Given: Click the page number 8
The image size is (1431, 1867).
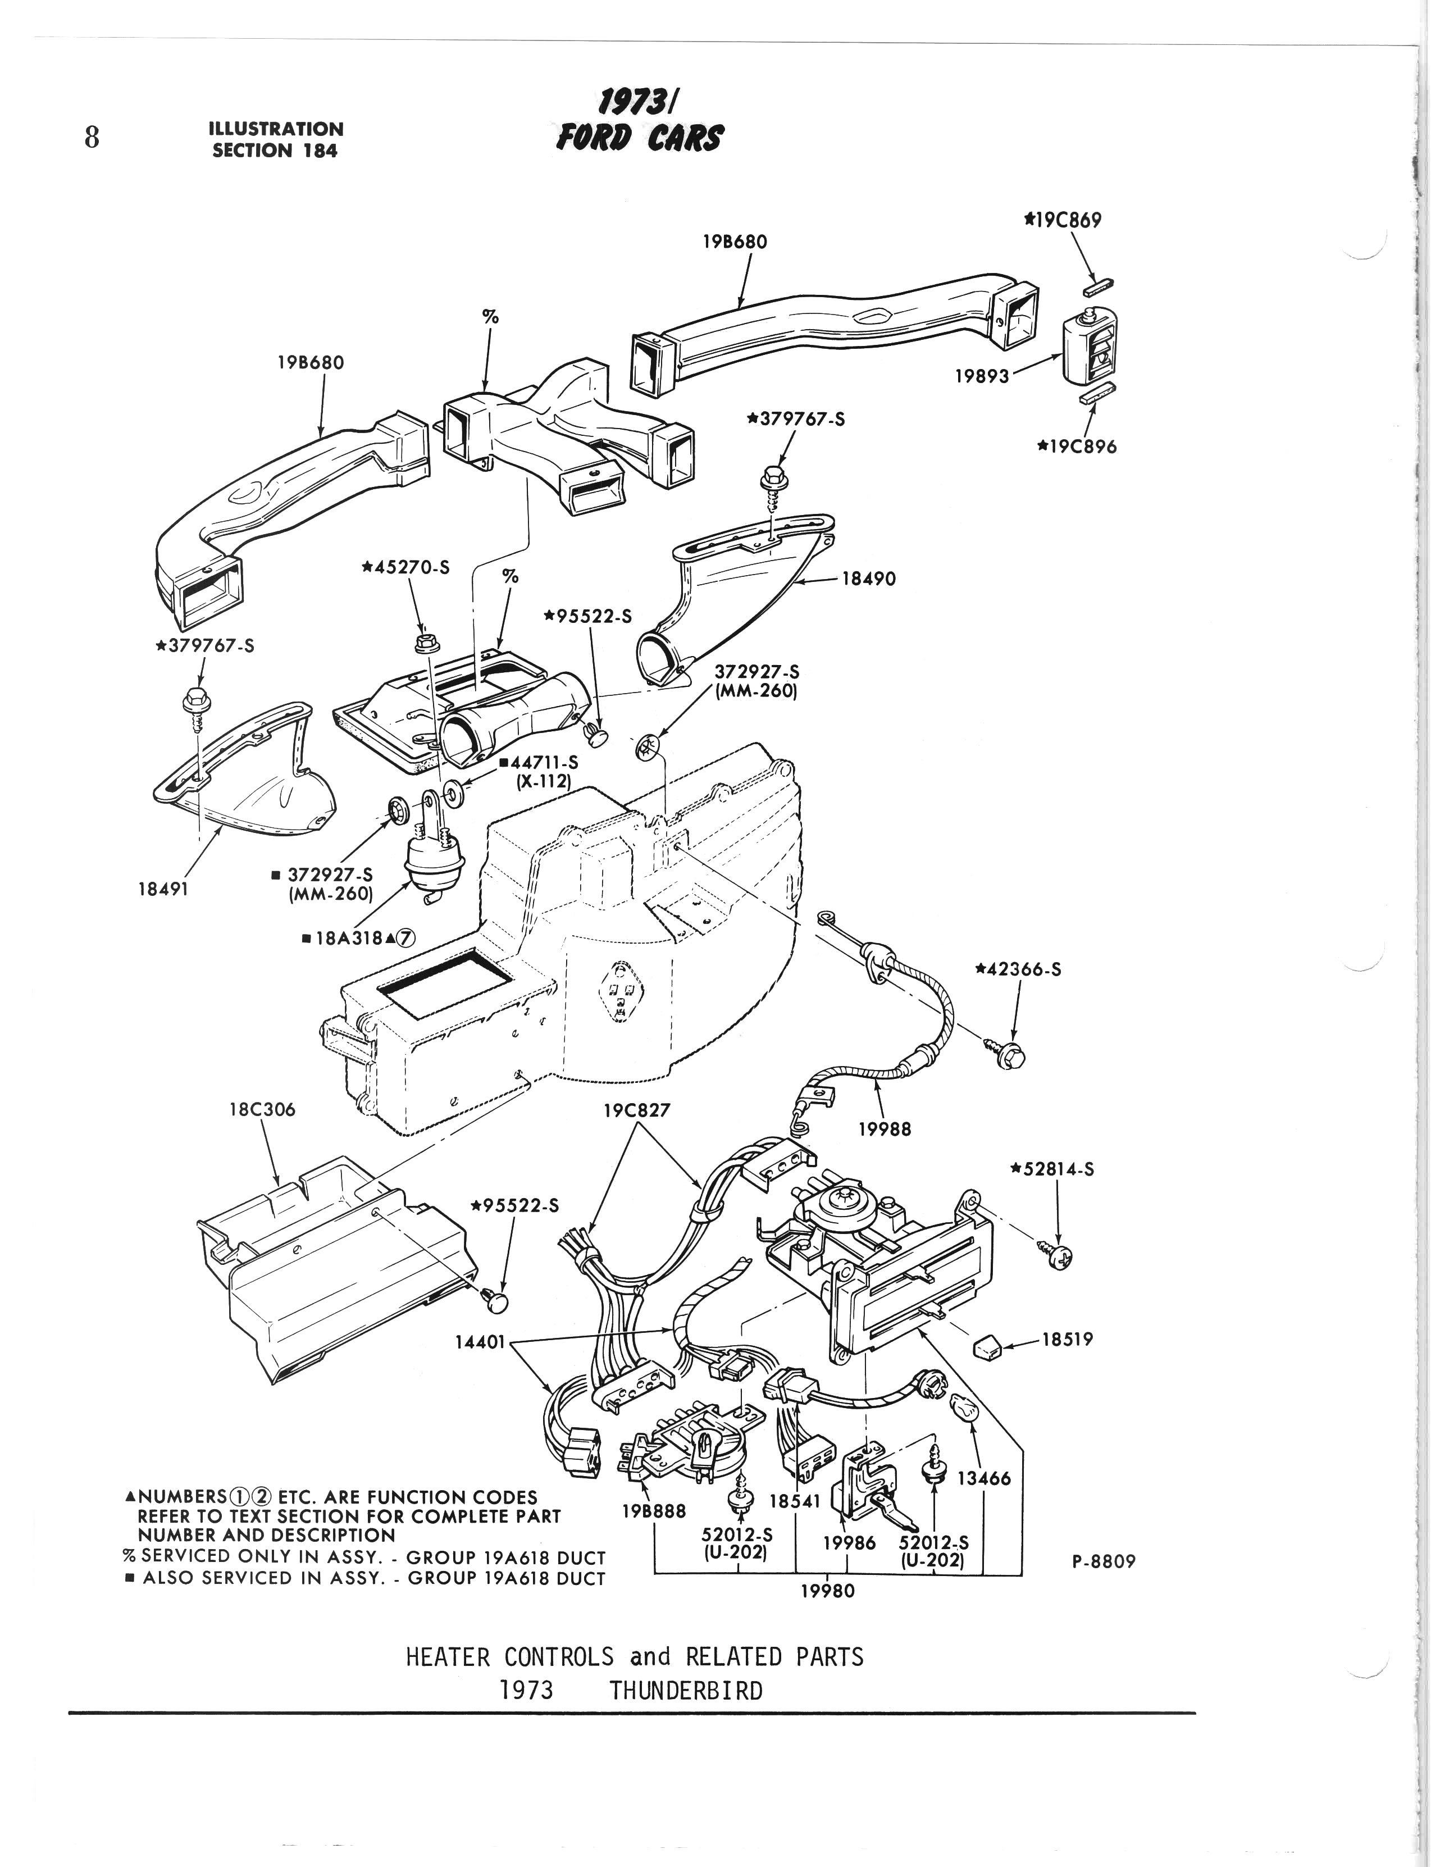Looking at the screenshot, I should [x=92, y=137].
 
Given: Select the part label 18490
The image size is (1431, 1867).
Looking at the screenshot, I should [x=869, y=579].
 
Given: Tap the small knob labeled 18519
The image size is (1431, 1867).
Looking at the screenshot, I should [x=987, y=1348].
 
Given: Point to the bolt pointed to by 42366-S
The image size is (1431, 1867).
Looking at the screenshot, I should [x=1010, y=1054].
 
